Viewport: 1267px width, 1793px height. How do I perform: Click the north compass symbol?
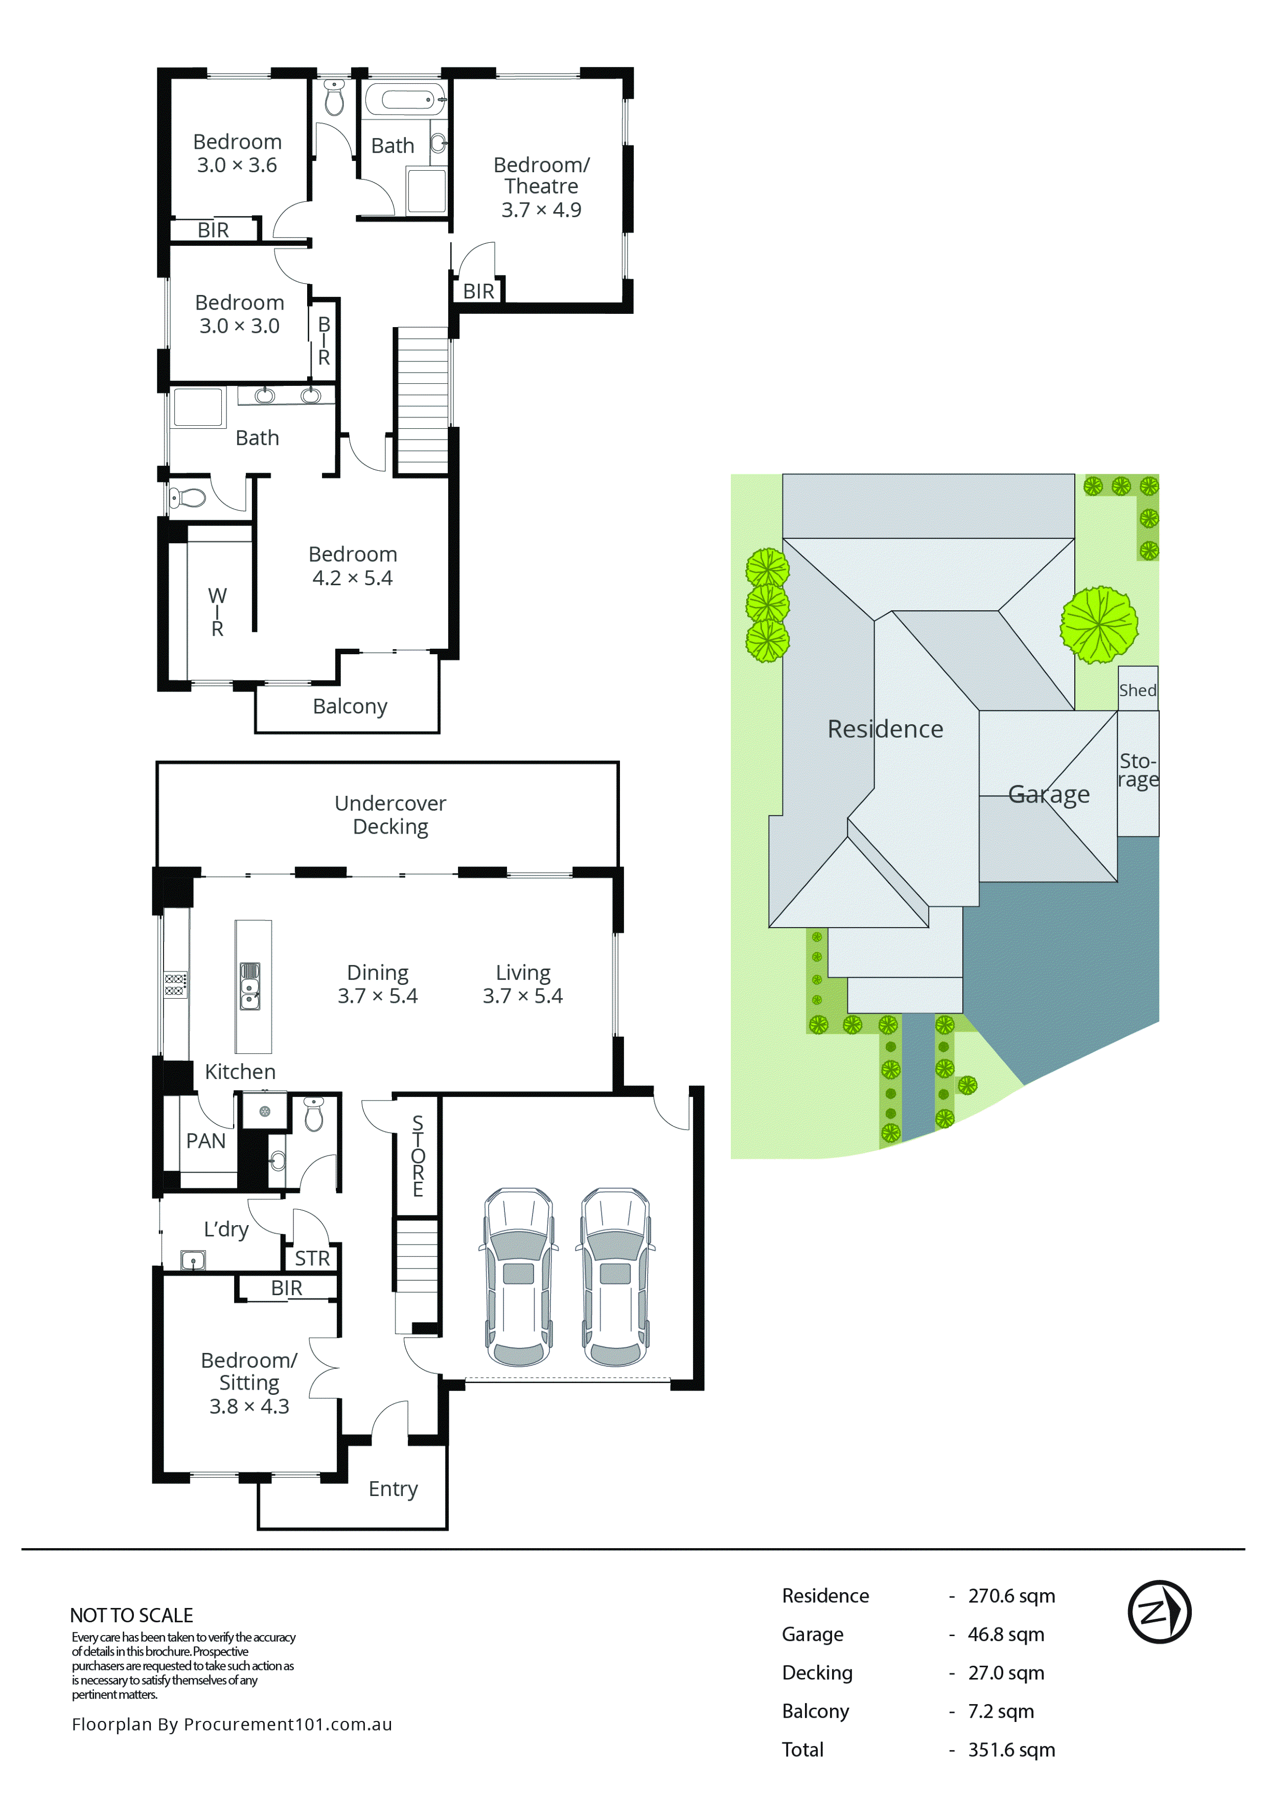click(x=1159, y=1612)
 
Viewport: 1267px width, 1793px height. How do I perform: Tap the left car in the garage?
click(x=518, y=1278)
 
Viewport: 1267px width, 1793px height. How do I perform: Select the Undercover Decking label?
click(x=390, y=815)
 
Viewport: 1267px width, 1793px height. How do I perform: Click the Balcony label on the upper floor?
click(x=350, y=706)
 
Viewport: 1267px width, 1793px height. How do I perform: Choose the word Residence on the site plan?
click(x=885, y=729)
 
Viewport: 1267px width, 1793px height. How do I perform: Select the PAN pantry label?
click(x=205, y=1141)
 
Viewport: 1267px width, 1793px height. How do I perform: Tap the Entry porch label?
click(x=393, y=1488)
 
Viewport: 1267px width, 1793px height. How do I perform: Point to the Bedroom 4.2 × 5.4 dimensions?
click(x=352, y=578)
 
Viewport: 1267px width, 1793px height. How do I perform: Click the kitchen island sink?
click(x=250, y=986)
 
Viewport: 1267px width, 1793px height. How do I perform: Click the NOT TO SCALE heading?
click(x=131, y=1615)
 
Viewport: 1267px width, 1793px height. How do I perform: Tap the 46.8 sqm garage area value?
click(x=1005, y=1635)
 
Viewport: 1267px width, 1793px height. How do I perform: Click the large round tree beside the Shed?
click(x=1098, y=625)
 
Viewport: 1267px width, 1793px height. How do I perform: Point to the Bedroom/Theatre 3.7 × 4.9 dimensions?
click(x=541, y=209)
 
